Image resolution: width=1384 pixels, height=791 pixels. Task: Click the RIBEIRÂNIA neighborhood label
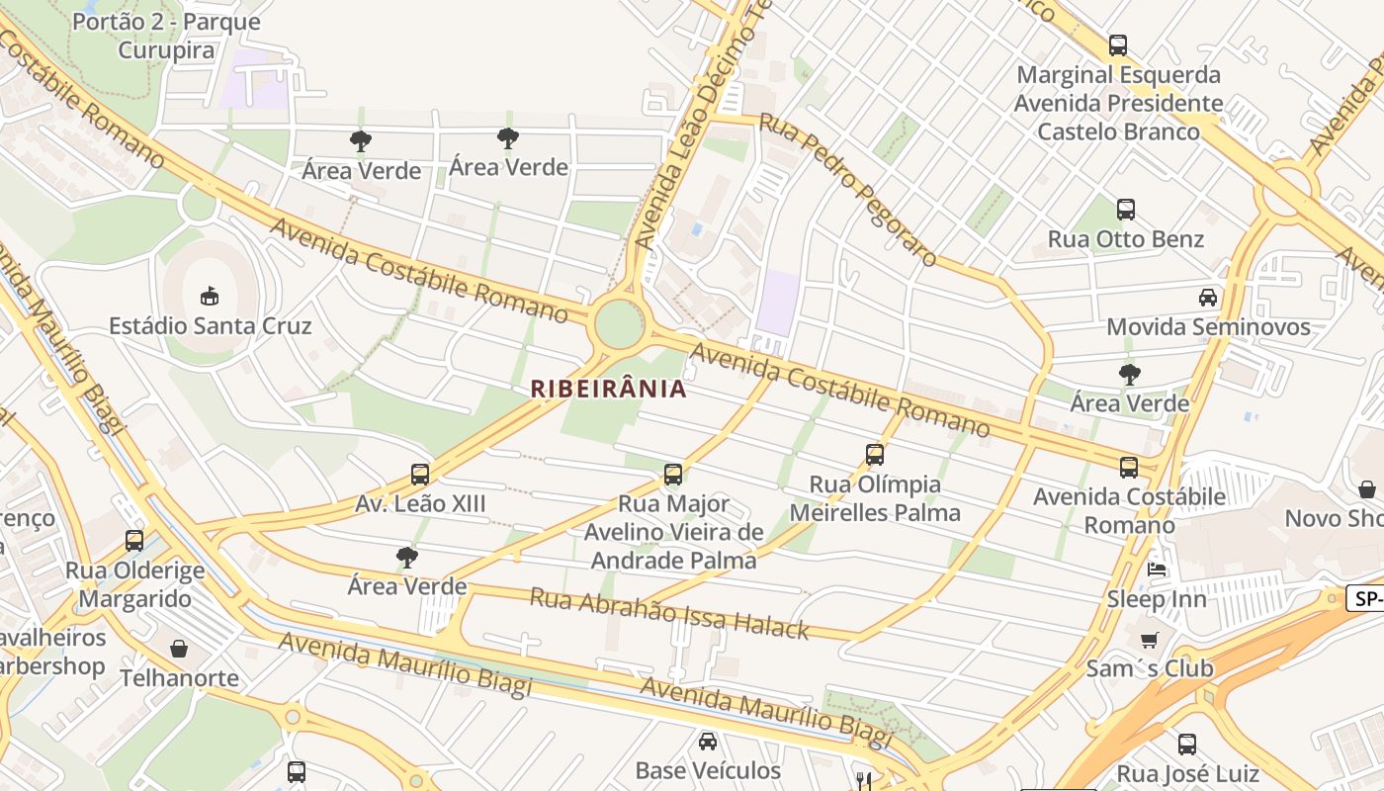608,389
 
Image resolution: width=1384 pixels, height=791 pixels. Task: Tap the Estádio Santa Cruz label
210,326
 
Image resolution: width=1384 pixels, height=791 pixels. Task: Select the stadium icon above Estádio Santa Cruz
210,296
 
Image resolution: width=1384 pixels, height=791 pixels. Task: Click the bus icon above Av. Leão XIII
420,475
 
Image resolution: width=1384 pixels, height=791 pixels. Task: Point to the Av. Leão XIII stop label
420,504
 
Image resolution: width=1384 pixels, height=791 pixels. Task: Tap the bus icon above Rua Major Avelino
673,475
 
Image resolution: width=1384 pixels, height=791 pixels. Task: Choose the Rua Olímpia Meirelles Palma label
875,498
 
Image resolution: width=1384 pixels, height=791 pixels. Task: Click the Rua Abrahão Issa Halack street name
669,613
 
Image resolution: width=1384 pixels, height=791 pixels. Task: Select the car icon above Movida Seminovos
1207,297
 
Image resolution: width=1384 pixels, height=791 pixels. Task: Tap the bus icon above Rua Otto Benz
1125,210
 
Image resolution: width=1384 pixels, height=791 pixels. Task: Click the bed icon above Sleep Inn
1156,569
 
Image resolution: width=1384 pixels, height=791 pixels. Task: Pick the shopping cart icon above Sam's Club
1149,640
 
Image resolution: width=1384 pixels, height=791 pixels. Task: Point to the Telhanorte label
179,678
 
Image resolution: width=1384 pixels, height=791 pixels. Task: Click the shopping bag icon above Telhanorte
179,649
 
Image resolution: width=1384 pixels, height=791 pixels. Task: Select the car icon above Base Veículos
708,741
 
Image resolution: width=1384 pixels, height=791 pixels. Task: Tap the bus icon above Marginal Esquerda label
1117,45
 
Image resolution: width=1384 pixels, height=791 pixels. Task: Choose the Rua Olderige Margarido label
135,584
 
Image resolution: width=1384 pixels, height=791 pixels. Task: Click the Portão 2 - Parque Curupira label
166,36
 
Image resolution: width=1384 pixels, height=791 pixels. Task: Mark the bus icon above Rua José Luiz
1186,745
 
